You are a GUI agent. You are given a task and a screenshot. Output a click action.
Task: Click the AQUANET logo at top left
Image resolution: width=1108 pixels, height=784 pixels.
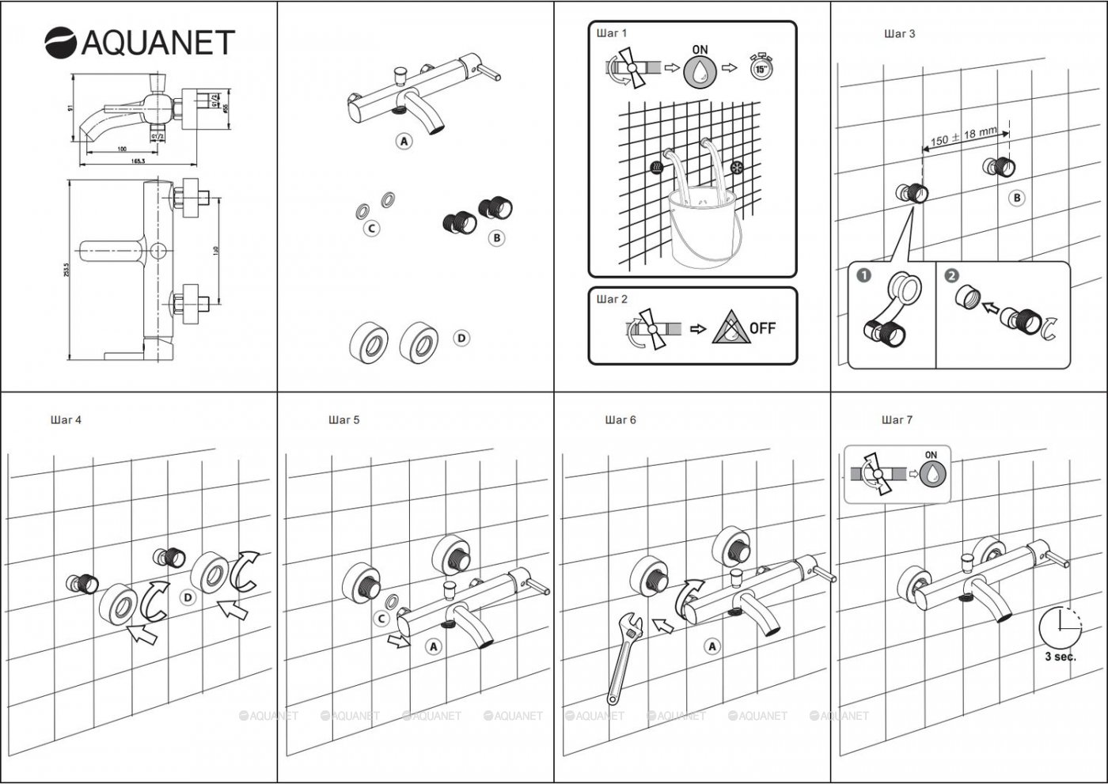[139, 43]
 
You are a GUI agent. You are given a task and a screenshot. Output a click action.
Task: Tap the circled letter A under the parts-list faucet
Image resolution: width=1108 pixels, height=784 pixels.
[404, 142]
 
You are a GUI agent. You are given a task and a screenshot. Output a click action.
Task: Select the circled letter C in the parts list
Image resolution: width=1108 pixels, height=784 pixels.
[370, 228]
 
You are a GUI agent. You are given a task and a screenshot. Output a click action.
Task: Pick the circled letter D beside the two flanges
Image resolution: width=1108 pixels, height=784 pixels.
[461, 338]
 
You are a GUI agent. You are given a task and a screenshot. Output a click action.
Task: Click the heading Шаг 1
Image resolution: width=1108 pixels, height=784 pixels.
[611, 33]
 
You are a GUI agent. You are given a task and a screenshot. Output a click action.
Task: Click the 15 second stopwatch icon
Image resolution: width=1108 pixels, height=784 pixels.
[760, 67]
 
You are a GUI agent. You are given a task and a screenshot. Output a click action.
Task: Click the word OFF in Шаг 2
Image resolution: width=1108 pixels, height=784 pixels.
[762, 328]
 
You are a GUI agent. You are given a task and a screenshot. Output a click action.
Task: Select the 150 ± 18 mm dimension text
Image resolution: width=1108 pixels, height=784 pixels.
[964, 136]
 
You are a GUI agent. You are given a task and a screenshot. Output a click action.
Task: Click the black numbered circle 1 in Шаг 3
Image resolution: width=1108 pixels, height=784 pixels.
[864, 275]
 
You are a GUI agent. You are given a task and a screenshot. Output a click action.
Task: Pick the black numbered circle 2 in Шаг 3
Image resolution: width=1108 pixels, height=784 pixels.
[952, 275]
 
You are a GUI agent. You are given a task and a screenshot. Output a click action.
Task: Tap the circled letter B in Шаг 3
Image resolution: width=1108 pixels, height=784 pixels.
[1017, 198]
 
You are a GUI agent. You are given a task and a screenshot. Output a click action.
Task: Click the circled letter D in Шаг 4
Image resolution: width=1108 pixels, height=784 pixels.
[188, 597]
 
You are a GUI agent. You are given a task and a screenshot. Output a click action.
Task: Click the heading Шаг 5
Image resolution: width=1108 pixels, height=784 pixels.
[343, 420]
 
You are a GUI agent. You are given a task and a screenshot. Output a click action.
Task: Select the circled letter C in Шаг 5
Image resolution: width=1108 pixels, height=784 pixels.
[381, 619]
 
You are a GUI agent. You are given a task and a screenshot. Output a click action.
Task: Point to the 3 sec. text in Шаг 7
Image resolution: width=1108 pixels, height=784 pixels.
[1060, 657]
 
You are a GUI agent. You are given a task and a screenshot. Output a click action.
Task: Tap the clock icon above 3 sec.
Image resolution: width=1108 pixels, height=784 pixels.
[1059, 627]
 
